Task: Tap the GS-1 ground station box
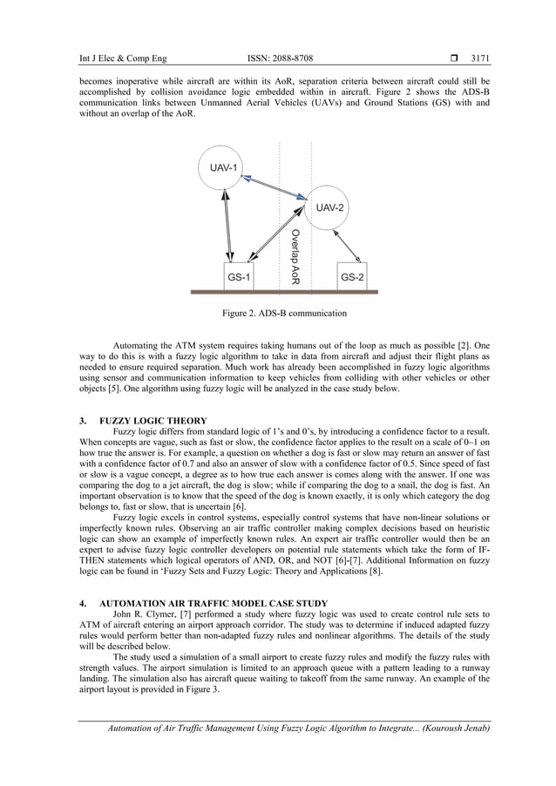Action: pos(239,276)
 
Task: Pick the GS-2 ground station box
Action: pos(352,276)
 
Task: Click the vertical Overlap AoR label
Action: pos(295,258)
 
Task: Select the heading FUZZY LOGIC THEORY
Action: pos(153,421)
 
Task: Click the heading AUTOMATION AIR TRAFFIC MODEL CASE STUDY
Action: pos(214,602)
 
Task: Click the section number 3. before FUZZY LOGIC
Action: pos(83,421)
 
